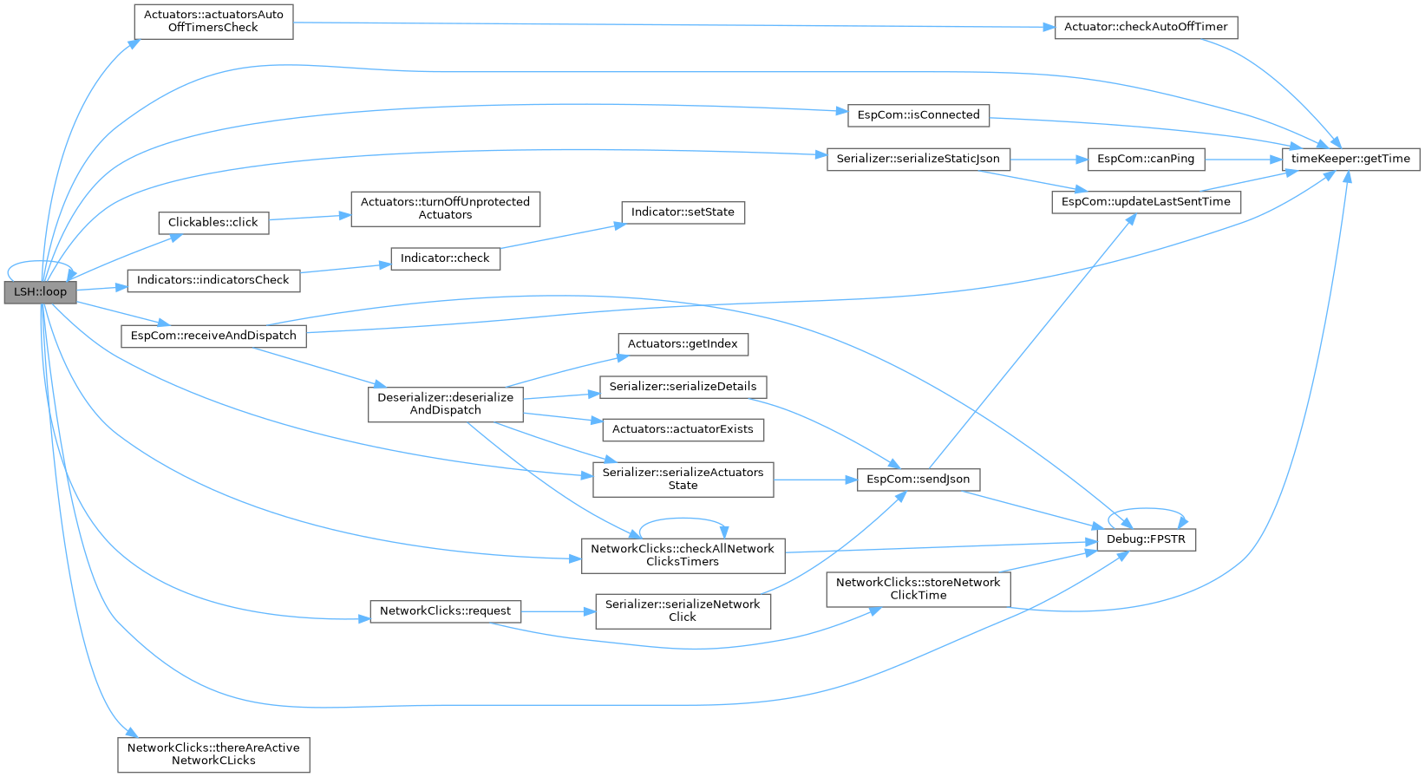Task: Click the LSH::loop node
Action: coord(40,292)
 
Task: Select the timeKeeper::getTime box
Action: coord(1350,159)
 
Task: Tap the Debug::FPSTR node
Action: coord(1146,539)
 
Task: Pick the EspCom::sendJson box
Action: coord(918,480)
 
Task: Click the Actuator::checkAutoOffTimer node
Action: coord(1146,27)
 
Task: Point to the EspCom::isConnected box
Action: coord(918,114)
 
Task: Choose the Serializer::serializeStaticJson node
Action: coord(918,159)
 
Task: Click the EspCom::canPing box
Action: coord(1145,159)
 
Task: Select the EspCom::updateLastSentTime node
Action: coord(1146,202)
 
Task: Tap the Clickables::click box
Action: coord(212,223)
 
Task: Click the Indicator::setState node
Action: coord(683,212)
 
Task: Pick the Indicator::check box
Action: coord(445,258)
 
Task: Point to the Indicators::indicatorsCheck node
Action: coord(213,280)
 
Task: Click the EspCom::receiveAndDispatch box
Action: coord(213,336)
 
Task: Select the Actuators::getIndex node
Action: coord(683,344)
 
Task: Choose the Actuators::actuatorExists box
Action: coord(683,429)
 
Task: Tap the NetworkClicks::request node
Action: coord(445,611)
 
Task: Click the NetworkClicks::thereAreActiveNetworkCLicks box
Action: coord(213,754)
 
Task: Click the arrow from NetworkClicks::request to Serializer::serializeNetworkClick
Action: coord(558,611)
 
